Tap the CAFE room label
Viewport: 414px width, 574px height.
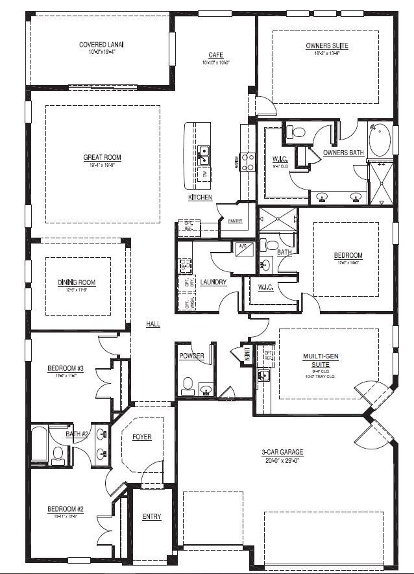click(216, 55)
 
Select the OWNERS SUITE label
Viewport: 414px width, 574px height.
click(327, 46)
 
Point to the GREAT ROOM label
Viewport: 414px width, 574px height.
click(102, 157)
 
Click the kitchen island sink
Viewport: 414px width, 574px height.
click(204, 154)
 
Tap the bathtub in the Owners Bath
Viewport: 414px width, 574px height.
click(379, 140)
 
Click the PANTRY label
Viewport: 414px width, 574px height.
click(235, 221)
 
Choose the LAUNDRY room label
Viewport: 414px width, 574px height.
click(213, 282)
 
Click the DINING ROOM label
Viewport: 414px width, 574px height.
click(77, 282)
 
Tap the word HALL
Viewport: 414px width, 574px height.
click(153, 324)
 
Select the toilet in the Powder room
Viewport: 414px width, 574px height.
click(188, 384)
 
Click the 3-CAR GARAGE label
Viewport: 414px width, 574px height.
click(283, 453)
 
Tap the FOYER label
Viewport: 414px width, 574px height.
click(141, 437)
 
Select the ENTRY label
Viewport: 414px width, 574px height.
click(151, 517)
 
